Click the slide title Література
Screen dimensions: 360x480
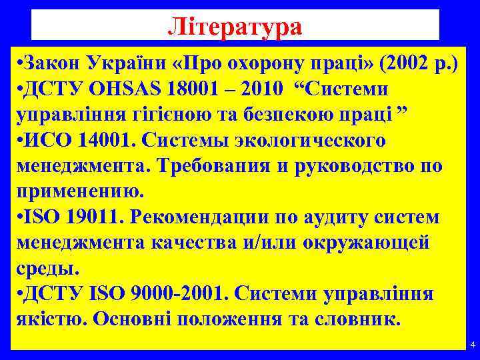pyautogui.click(x=235, y=27)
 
